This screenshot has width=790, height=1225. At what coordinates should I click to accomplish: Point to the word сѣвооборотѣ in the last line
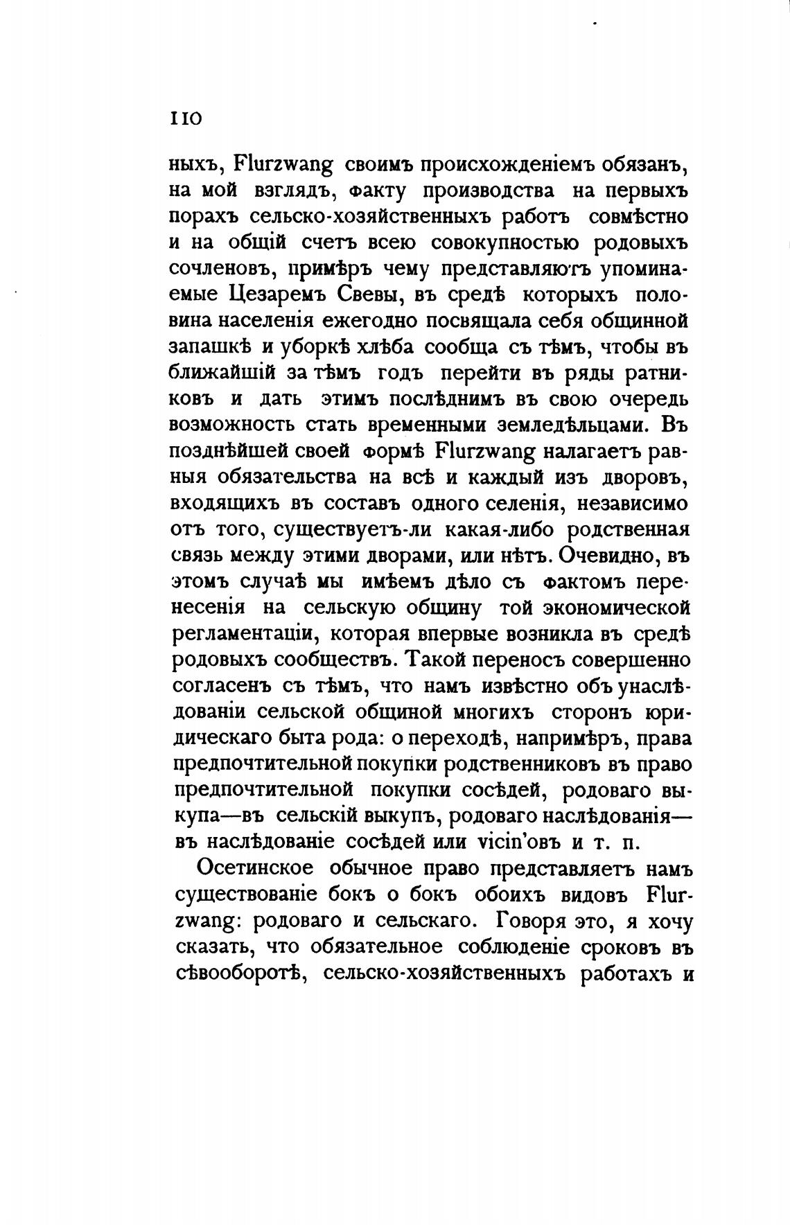coord(238,973)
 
